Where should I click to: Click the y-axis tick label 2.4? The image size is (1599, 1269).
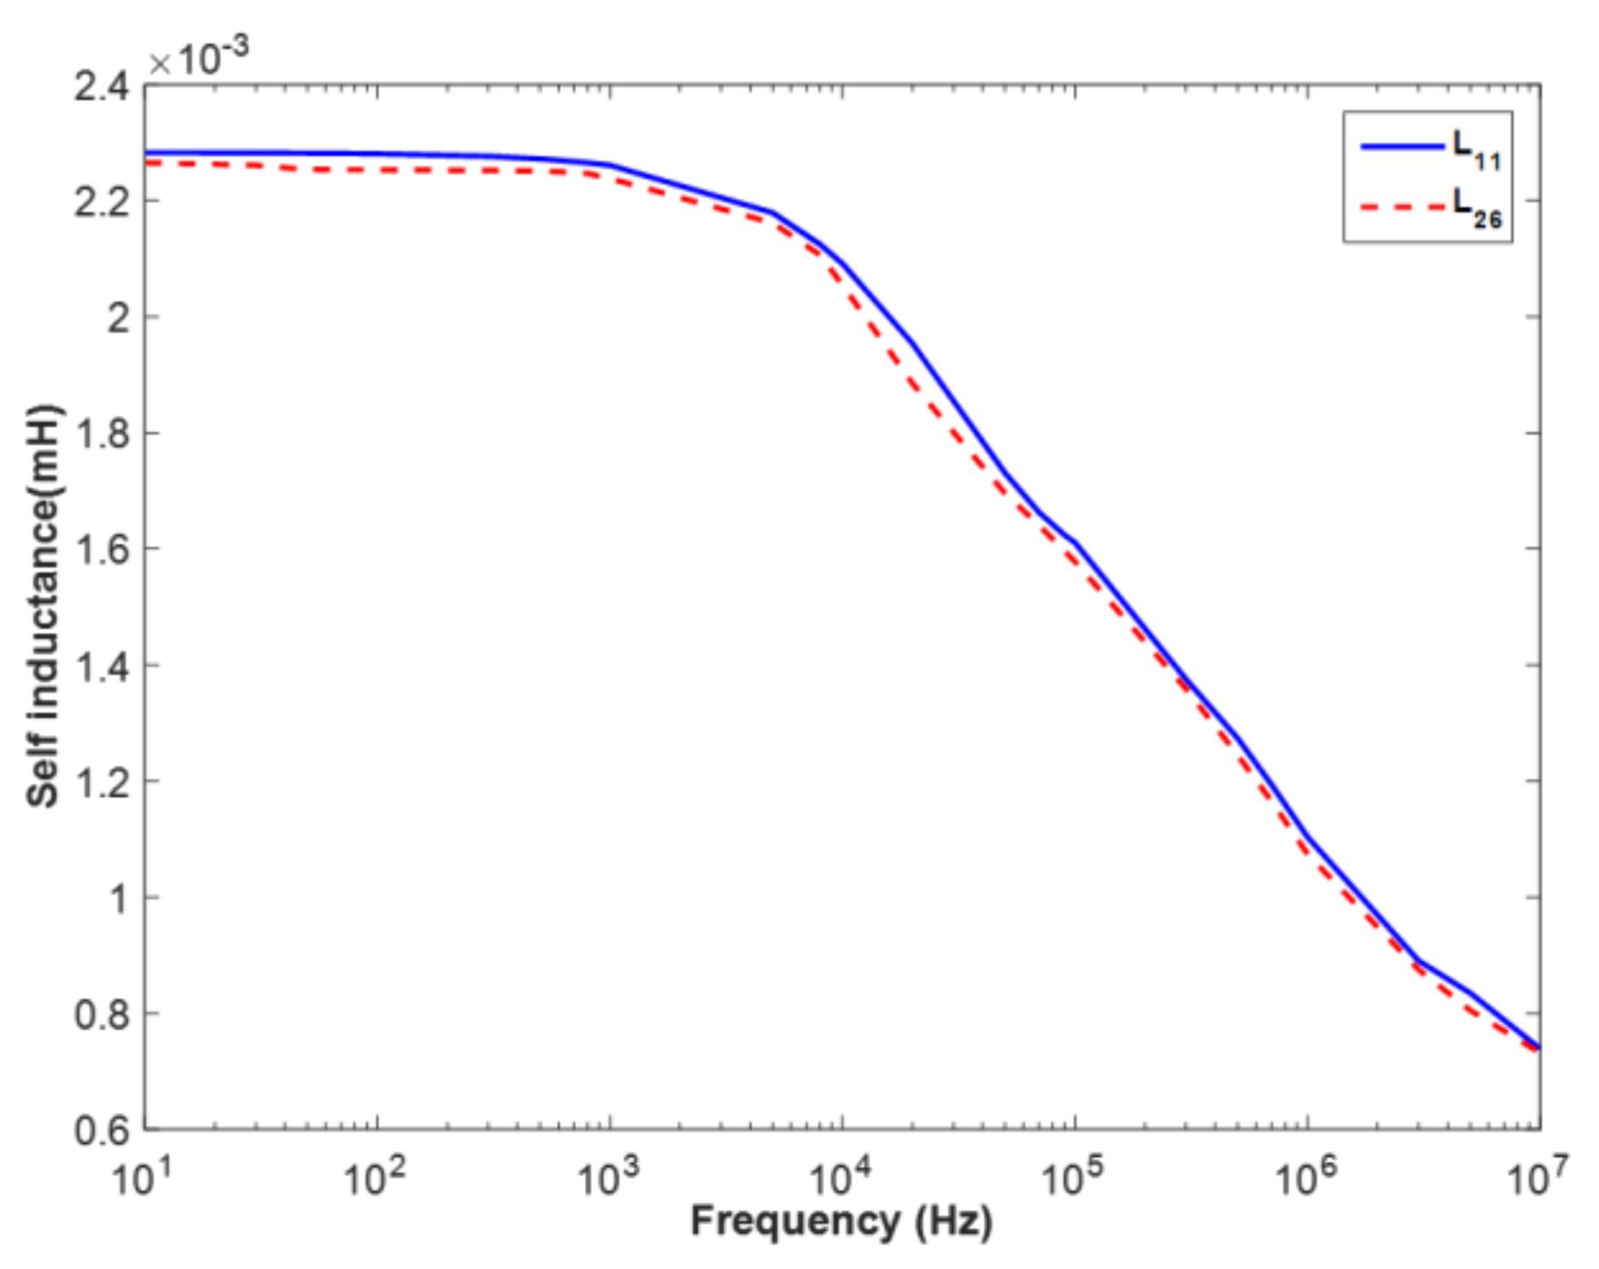pyautogui.click(x=100, y=87)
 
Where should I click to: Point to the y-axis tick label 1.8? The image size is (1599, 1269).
pyautogui.click(x=100, y=434)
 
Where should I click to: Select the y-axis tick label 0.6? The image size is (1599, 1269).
pyautogui.click(x=100, y=1131)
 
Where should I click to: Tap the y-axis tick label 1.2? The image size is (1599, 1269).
pyautogui.click(x=100, y=782)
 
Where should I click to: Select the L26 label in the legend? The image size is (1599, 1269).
pyautogui.click(x=1476, y=209)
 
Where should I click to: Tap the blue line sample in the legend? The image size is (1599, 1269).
pyautogui.click(x=1401, y=146)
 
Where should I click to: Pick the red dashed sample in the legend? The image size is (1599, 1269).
pyautogui.click(x=1401, y=206)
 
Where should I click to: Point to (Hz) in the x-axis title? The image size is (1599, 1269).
pyautogui.click(x=953, y=1221)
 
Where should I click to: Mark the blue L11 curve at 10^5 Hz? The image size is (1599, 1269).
pyautogui.click(x=1075, y=544)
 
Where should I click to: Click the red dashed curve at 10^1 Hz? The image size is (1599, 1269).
pyautogui.click(x=147, y=163)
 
